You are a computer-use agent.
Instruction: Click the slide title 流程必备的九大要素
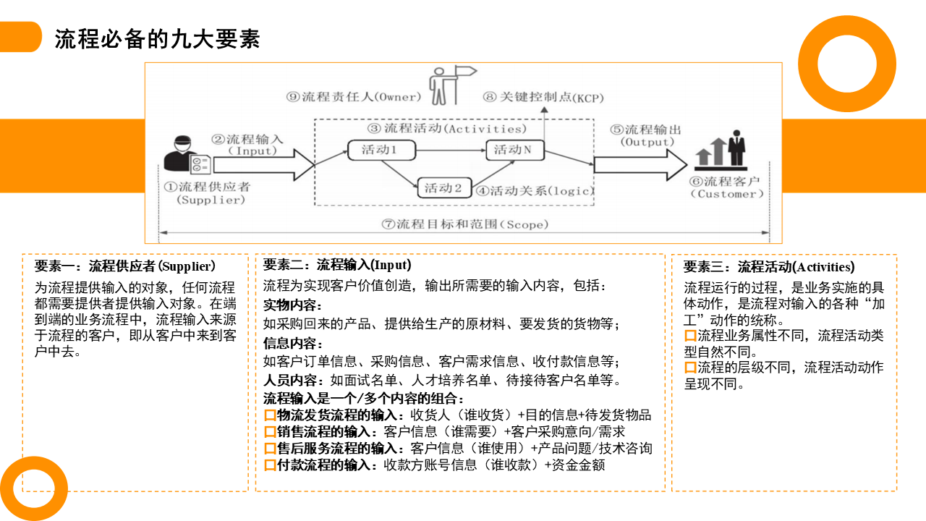(157, 38)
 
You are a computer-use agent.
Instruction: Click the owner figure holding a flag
(443, 85)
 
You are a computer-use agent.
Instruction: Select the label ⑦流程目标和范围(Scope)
(464, 224)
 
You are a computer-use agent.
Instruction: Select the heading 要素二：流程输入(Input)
(337, 265)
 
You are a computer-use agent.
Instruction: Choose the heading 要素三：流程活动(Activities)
(769, 267)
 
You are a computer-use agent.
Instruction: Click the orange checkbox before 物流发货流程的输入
(270, 415)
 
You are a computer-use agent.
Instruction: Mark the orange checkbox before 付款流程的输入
(270, 465)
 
